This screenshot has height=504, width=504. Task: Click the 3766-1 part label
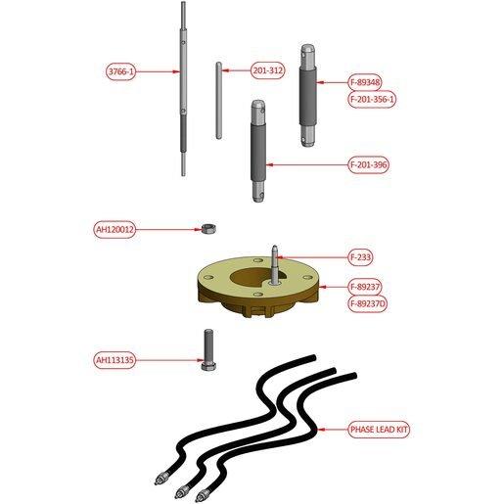click(x=121, y=71)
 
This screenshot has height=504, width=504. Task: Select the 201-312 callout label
click(x=268, y=70)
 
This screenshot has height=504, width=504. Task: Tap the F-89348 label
click(x=365, y=82)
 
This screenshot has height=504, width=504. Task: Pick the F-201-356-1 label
click(x=372, y=99)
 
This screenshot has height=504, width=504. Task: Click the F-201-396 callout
click(x=369, y=165)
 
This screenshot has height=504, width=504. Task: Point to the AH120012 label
click(x=115, y=230)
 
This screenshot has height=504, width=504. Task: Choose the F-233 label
click(x=360, y=257)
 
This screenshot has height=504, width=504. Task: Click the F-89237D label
click(x=368, y=304)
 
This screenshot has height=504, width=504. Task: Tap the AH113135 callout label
click(x=115, y=360)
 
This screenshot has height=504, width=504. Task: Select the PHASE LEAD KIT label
click(x=379, y=430)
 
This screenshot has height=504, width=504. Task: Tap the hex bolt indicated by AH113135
click(x=207, y=350)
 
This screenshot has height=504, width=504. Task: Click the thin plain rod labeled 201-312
click(x=219, y=101)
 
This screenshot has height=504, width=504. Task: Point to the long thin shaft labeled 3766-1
click(x=184, y=89)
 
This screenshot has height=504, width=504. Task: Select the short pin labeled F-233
click(x=275, y=265)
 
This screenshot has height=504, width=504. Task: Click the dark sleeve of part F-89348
click(x=308, y=96)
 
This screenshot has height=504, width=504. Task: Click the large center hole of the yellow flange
click(x=252, y=277)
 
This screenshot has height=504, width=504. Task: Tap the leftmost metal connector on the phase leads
click(x=160, y=478)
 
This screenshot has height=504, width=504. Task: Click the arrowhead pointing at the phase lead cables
click(x=321, y=430)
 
